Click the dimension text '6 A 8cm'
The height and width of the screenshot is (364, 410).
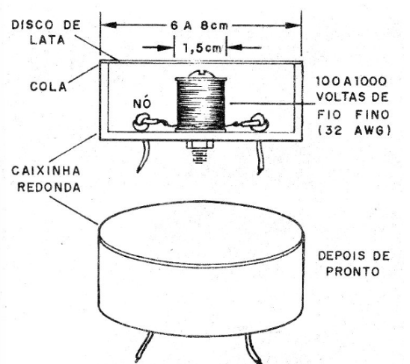pyautogui.click(x=199, y=25)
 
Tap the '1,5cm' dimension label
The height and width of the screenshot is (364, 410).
pyautogui.click(x=201, y=48)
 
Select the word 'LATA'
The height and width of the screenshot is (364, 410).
pyautogui.click(x=47, y=40)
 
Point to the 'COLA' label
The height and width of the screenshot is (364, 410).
pyautogui.click(x=49, y=87)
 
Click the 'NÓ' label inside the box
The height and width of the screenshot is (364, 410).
pyautogui.click(x=142, y=103)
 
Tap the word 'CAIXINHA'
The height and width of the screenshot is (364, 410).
pyautogui.click(x=46, y=172)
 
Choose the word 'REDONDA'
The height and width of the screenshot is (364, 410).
pyautogui.click(x=49, y=187)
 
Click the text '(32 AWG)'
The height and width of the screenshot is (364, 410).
pyautogui.click(x=354, y=130)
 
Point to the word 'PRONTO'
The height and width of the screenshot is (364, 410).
pyautogui.click(x=352, y=272)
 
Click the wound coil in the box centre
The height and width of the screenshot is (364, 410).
pyautogui.click(x=201, y=103)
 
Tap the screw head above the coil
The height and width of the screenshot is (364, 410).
pyautogui.click(x=201, y=74)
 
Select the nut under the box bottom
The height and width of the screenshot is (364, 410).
pyautogui.click(x=200, y=145)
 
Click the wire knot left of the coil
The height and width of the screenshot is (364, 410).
pyautogui.click(x=142, y=122)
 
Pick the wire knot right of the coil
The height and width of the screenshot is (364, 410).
pyautogui.click(x=260, y=122)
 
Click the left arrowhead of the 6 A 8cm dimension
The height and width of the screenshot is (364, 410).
pyautogui.click(x=108, y=25)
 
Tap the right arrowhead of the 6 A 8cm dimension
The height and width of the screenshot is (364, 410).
pyautogui.click(x=293, y=25)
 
